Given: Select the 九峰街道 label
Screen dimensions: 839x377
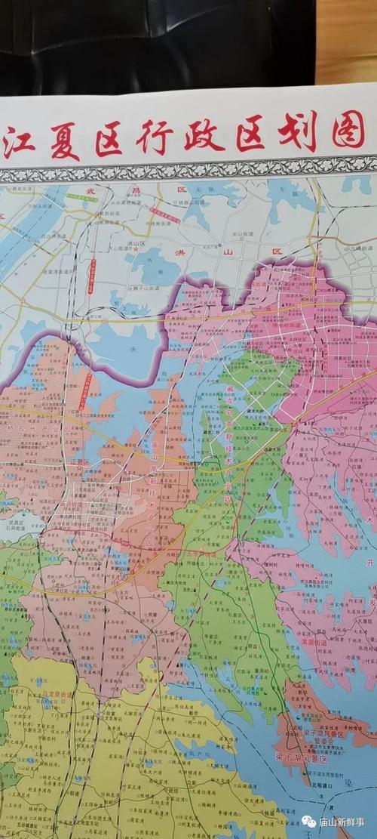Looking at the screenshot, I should coord(360,247).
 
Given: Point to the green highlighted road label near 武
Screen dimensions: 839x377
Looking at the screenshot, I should coord(81,197).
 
